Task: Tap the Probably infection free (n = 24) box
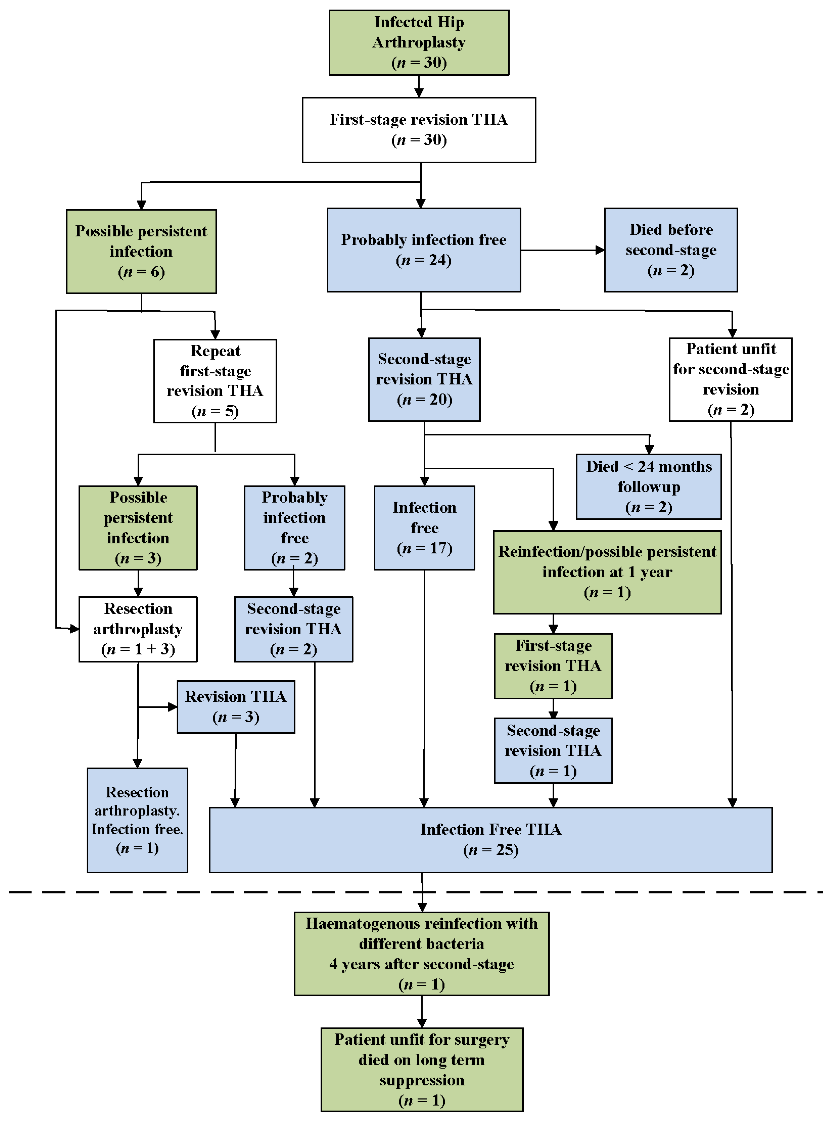[423, 250]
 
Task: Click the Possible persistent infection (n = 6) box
[141, 251]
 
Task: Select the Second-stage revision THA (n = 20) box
[424, 379]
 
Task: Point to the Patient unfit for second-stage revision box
[730, 379]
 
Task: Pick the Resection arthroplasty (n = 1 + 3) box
[138, 629]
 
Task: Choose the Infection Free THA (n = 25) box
[491, 840]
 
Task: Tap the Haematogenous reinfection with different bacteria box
[422, 953]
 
